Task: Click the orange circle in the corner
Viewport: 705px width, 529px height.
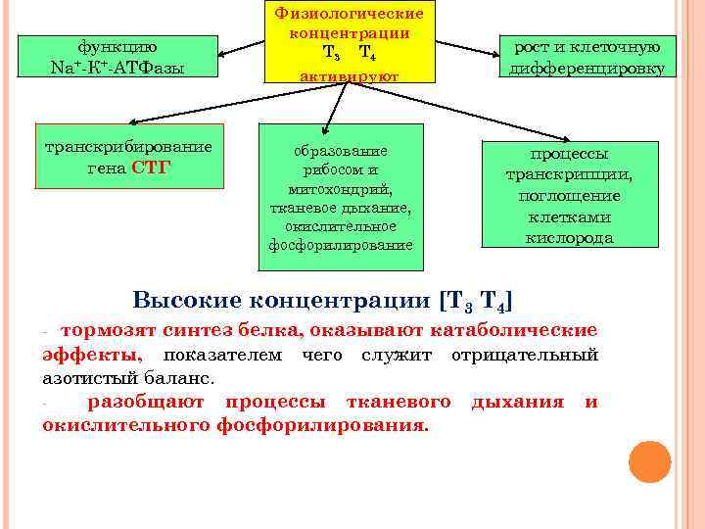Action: [648, 460]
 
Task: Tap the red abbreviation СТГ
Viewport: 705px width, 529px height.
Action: [151, 167]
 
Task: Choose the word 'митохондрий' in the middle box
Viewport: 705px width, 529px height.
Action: [341, 188]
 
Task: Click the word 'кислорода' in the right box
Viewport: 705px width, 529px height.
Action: [569, 237]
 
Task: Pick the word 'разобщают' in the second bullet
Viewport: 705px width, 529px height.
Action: [146, 402]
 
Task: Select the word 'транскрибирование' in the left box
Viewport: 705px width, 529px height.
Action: [128, 147]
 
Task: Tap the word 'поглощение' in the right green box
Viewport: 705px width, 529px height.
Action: [569, 196]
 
